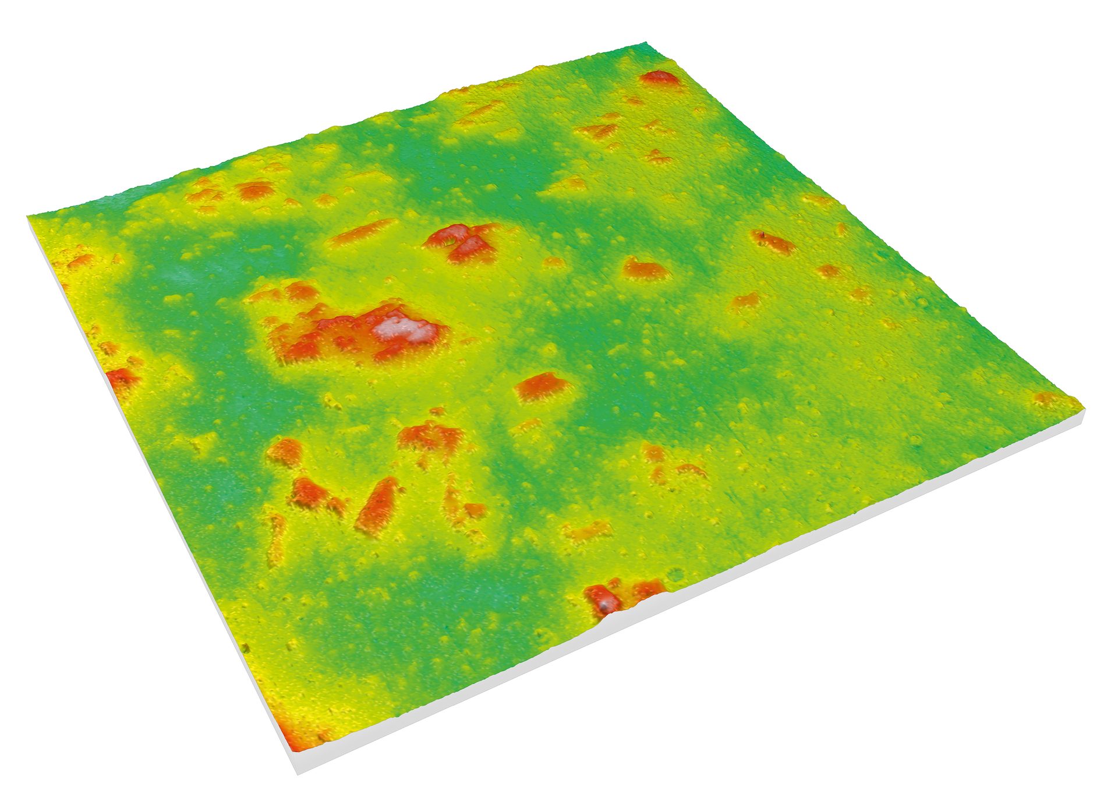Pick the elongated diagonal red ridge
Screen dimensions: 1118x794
pos(378,503)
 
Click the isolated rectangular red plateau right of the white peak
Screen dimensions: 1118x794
pos(542,386)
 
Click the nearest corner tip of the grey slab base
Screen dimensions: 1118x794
pos(298,772)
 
